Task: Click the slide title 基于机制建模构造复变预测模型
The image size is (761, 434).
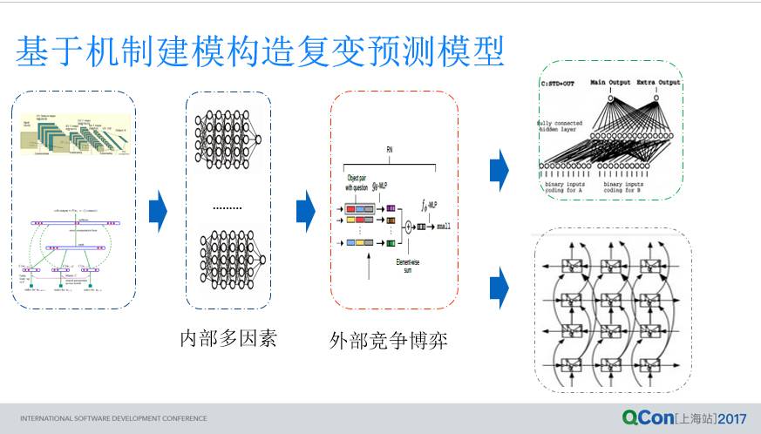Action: pos(260,51)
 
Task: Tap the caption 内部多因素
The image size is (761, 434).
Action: pos(228,338)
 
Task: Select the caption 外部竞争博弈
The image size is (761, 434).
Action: pos(389,340)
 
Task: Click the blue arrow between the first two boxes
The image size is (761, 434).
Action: pos(158,212)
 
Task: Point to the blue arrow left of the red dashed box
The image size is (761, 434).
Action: pos(305,211)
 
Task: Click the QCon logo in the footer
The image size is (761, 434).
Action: pos(648,417)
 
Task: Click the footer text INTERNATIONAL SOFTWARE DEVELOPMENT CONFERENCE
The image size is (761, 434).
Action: pos(113,418)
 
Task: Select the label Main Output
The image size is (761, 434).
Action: pos(609,83)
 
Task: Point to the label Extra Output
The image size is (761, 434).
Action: pos(658,83)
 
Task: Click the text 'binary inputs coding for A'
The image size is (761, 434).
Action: pos(567,187)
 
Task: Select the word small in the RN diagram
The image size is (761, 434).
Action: pos(445,226)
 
